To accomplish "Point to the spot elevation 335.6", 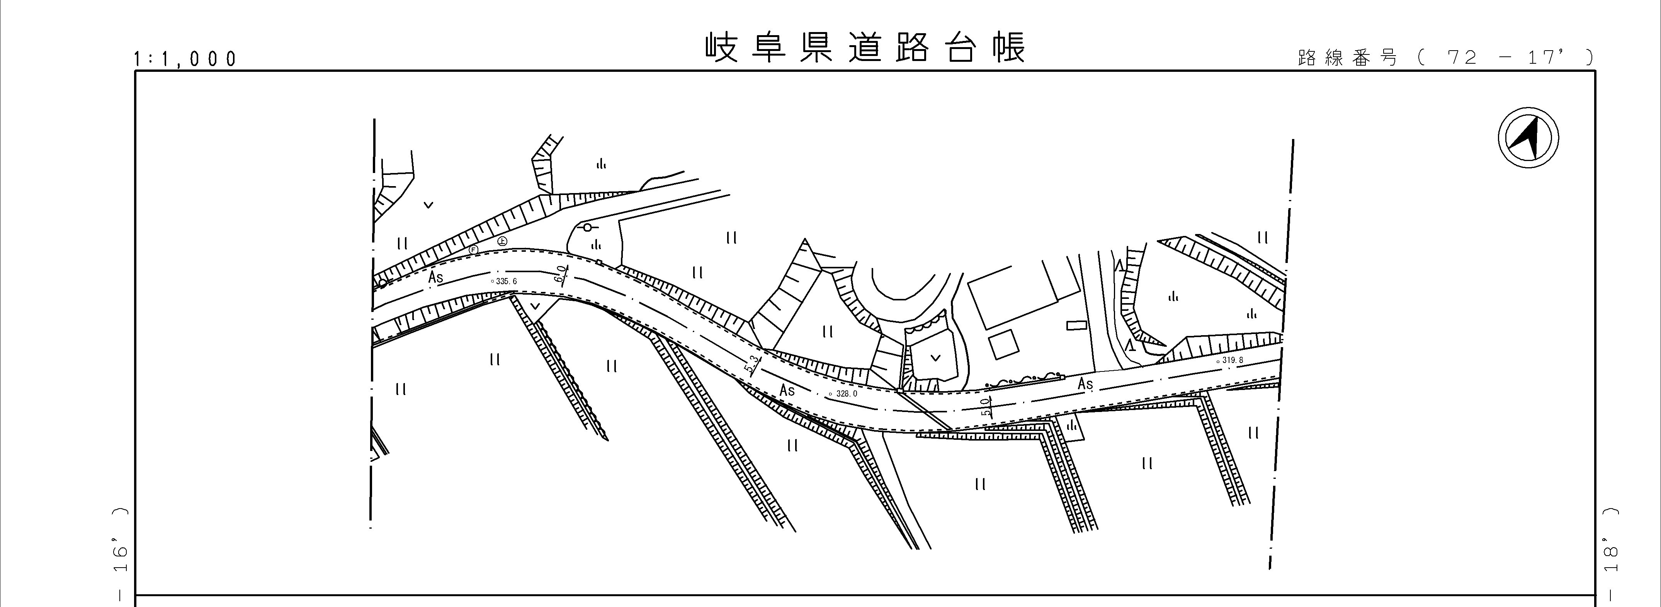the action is pyautogui.click(x=504, y=281).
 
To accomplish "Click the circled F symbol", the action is pyautogui.click(x=473, y=249).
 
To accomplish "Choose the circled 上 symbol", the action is pyautogui.click(x=502, y=241).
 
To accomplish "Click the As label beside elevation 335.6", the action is pyautogui.click(x=436, y=278).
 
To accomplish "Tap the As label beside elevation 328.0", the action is pyautogui.click(x=787, y=390).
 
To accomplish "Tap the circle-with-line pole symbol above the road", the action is pyautogui.click(x=587, y=227).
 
